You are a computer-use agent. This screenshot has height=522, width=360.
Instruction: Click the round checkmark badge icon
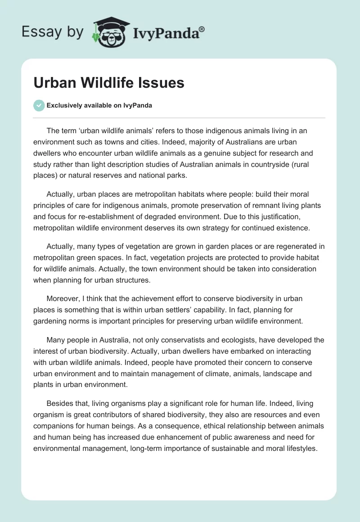tap(39, 105)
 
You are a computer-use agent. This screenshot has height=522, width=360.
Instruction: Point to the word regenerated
tap(293, 247)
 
